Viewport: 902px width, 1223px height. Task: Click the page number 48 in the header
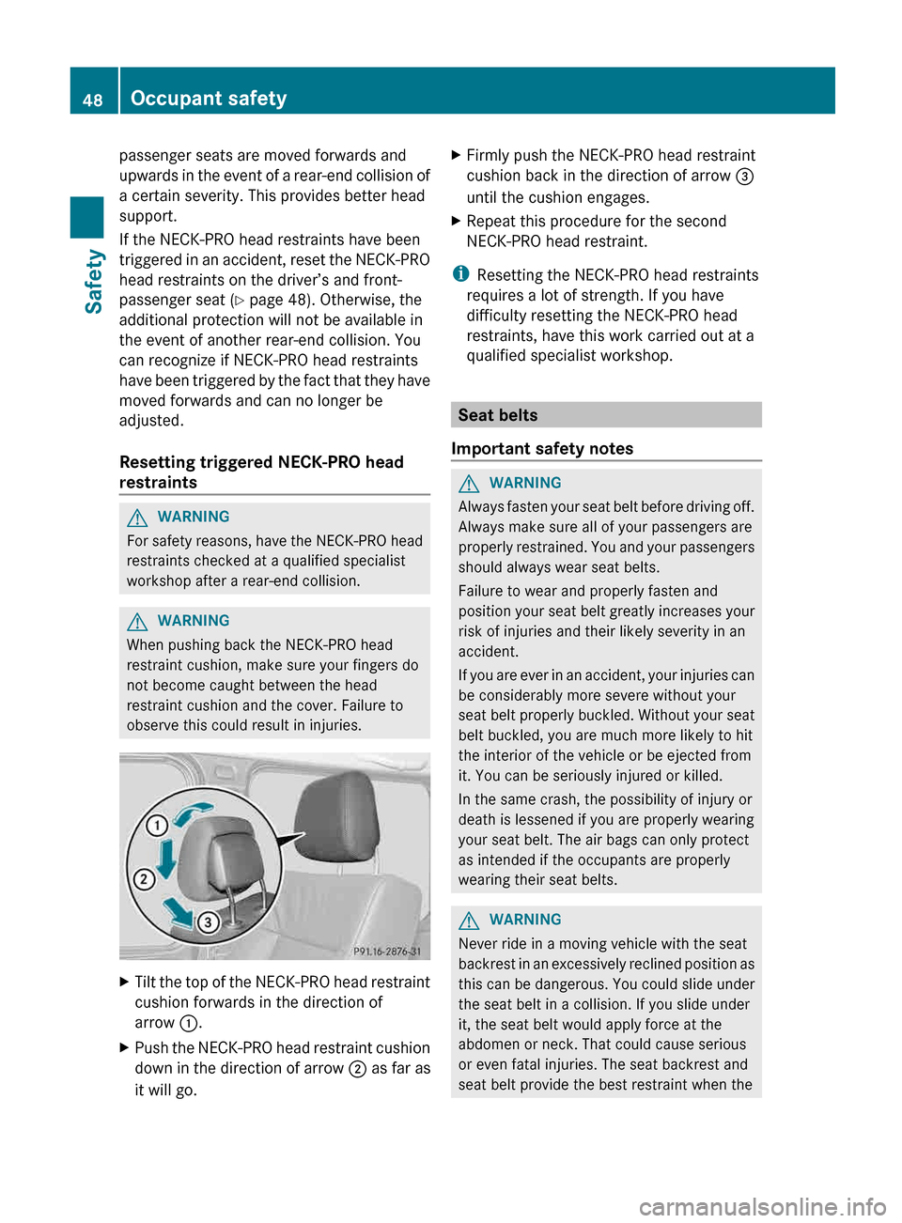92,100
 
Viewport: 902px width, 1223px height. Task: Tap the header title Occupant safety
209,99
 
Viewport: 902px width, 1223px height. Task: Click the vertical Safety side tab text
93,281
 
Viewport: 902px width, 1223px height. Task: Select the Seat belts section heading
498,415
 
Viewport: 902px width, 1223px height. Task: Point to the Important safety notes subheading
542,449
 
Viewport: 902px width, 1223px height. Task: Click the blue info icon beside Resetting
460,274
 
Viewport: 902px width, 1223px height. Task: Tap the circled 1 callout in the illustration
157,825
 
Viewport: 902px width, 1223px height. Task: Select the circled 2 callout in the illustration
144,879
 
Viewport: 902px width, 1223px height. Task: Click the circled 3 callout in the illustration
208,922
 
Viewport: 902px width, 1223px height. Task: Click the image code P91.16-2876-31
386,952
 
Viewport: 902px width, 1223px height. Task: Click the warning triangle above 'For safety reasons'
137,518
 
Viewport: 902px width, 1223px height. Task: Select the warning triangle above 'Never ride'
469,920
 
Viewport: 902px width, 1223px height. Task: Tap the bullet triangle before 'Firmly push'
457,155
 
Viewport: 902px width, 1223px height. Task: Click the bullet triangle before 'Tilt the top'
125,983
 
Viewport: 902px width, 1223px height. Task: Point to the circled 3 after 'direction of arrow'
744,177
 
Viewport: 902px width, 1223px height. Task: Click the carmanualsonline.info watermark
762,1206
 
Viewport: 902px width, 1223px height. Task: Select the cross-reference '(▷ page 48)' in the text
272,300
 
